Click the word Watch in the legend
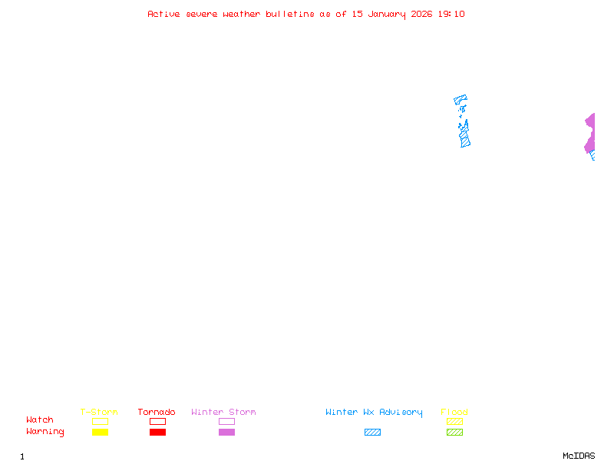[40, 420]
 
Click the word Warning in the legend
[45, 432]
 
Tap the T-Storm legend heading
[99, 413]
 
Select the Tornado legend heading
[157, 413]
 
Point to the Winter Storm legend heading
[223, 413]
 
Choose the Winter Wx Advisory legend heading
[374, 413]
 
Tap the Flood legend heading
[454, 413]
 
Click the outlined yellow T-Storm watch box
[100, 421]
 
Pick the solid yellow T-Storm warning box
[100, 433]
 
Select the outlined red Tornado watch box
[157, 421]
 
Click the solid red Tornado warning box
[157, 433]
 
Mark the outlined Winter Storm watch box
[226, 421]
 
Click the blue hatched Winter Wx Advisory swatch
[372, 433]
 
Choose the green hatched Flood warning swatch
[454, 433]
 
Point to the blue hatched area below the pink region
[593, 156]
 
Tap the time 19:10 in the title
[453, 14]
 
